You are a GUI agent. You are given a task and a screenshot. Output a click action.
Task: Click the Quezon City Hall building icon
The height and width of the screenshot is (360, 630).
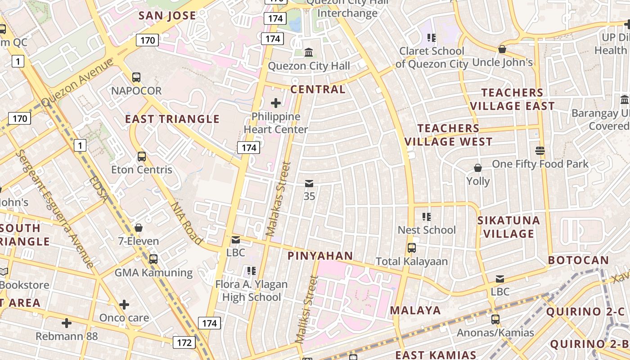(x=309, y=53)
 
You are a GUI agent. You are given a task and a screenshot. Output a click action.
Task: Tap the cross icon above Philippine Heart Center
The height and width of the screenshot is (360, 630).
(x=275, y=103)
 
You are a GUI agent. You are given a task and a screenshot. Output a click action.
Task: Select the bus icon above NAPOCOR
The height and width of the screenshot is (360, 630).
(x=136, y=77)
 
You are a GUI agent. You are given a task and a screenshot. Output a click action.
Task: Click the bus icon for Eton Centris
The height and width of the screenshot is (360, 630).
(x=142, y=157)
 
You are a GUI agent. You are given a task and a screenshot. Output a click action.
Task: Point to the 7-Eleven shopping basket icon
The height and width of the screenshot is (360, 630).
(x=139, y=228)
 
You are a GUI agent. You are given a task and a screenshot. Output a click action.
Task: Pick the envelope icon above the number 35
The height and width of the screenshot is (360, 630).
(x=309, y=184)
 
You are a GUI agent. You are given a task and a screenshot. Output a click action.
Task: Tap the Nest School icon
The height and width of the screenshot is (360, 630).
(x=427, y=217)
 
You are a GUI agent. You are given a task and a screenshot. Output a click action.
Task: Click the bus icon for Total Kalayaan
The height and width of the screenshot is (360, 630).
(x=411, y=248)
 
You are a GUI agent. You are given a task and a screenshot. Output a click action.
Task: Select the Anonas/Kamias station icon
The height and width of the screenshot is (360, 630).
(x=495, y=319)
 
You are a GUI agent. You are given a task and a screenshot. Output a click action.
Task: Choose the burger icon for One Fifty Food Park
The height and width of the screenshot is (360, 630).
(x=540, y=150)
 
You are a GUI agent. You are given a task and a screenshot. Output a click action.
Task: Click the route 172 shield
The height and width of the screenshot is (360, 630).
(x=184, y=342)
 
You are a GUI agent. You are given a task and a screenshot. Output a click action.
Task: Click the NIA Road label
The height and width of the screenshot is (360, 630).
(x=186, y=223)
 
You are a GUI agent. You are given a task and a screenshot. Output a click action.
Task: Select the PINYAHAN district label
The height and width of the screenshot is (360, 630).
(x=320, y=256)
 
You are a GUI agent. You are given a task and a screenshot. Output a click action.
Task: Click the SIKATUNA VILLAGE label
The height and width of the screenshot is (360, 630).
(x=508, y=227)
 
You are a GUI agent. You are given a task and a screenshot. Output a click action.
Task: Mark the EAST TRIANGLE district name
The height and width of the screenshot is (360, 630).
(x=172, y=119)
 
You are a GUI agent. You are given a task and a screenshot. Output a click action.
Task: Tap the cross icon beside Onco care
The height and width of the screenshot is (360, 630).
(x=124, y=305)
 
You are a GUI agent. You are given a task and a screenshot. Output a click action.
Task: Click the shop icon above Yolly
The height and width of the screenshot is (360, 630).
(x=478, y=168)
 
